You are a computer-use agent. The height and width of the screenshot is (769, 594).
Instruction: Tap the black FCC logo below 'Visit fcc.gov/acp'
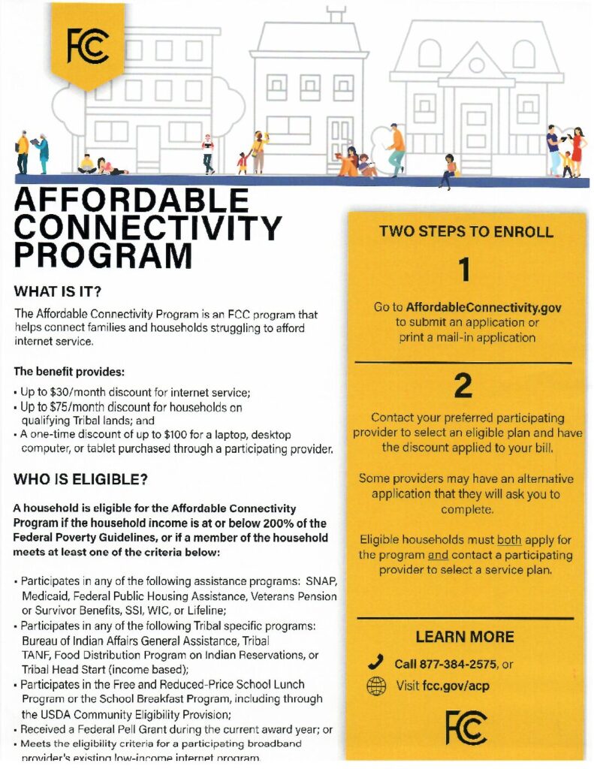(466, 728)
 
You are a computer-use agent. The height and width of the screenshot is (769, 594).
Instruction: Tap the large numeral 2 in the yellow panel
(464, 386)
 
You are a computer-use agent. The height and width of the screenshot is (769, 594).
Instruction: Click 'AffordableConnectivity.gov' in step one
(484, 307)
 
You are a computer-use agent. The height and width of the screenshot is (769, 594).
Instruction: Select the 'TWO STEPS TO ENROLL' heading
(466, 231)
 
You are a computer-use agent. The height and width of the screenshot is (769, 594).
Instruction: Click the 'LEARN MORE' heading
(465, 637)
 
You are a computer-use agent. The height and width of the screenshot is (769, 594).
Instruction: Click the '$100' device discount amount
(195, 436)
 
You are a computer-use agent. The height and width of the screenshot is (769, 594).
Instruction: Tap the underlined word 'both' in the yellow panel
(507, 540)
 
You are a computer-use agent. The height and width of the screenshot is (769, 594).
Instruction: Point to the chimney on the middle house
(336, 14)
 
